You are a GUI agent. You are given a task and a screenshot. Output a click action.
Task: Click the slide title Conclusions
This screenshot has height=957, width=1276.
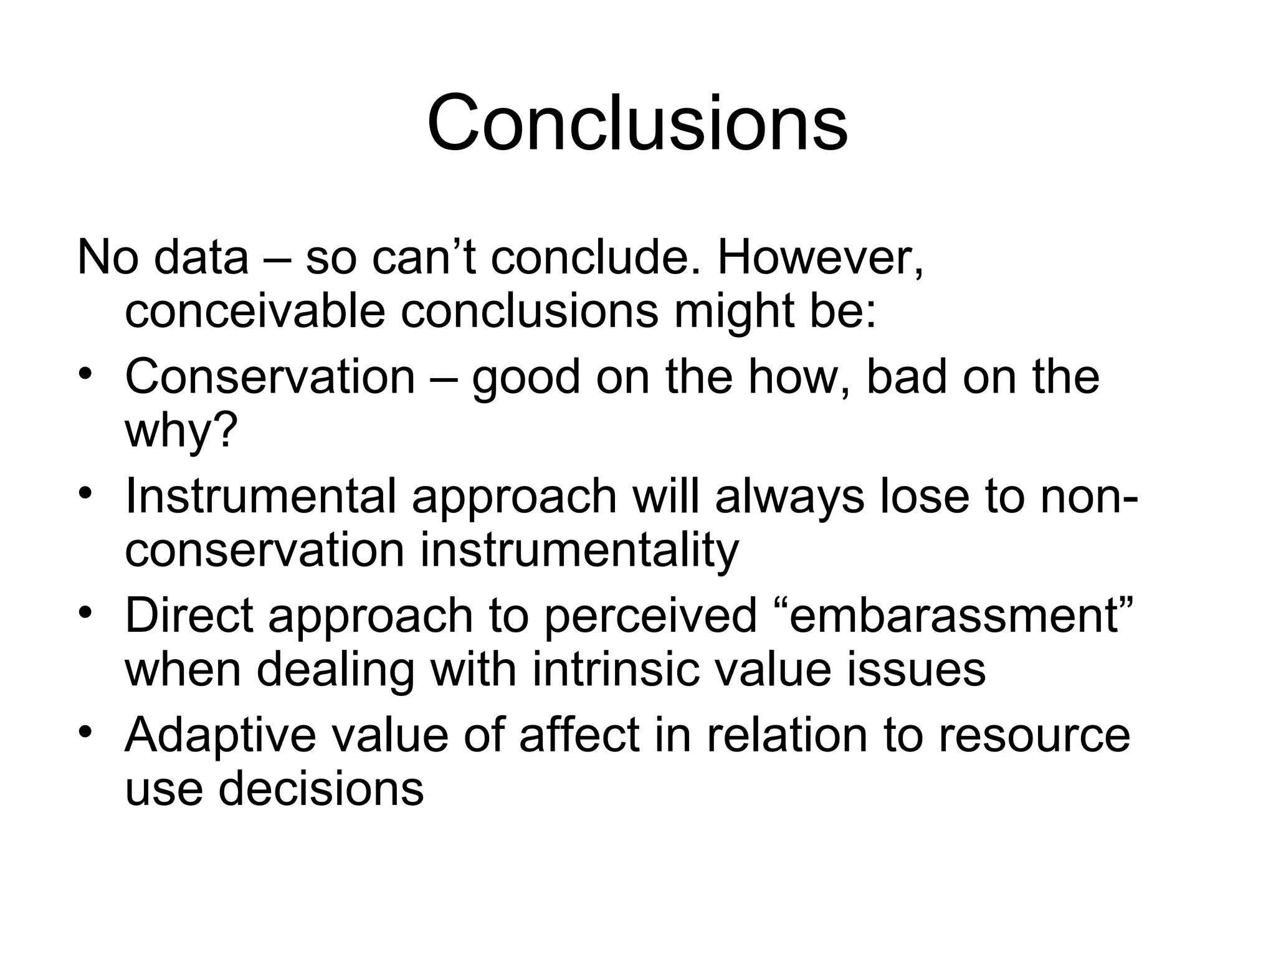[x=637, y=123]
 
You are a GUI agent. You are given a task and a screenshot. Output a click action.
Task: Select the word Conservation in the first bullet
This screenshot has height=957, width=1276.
[x=270, y=377]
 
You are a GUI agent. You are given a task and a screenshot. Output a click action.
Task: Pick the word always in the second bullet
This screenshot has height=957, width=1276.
[x=789, y=497]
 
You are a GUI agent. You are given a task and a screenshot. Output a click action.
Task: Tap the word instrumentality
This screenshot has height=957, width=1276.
[x=579, y=550]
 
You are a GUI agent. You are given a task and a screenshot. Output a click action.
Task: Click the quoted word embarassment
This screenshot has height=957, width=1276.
[x=956, y=616]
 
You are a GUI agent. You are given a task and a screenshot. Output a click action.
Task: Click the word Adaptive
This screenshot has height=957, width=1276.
[x=221, y=735]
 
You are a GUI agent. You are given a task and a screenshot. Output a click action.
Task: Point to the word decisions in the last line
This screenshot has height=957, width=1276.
[x=320, y=789]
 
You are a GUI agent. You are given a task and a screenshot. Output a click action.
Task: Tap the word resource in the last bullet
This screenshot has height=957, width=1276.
[x=1034, y=735]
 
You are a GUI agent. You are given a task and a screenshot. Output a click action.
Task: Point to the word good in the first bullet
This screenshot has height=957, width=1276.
[x=526, y=377]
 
